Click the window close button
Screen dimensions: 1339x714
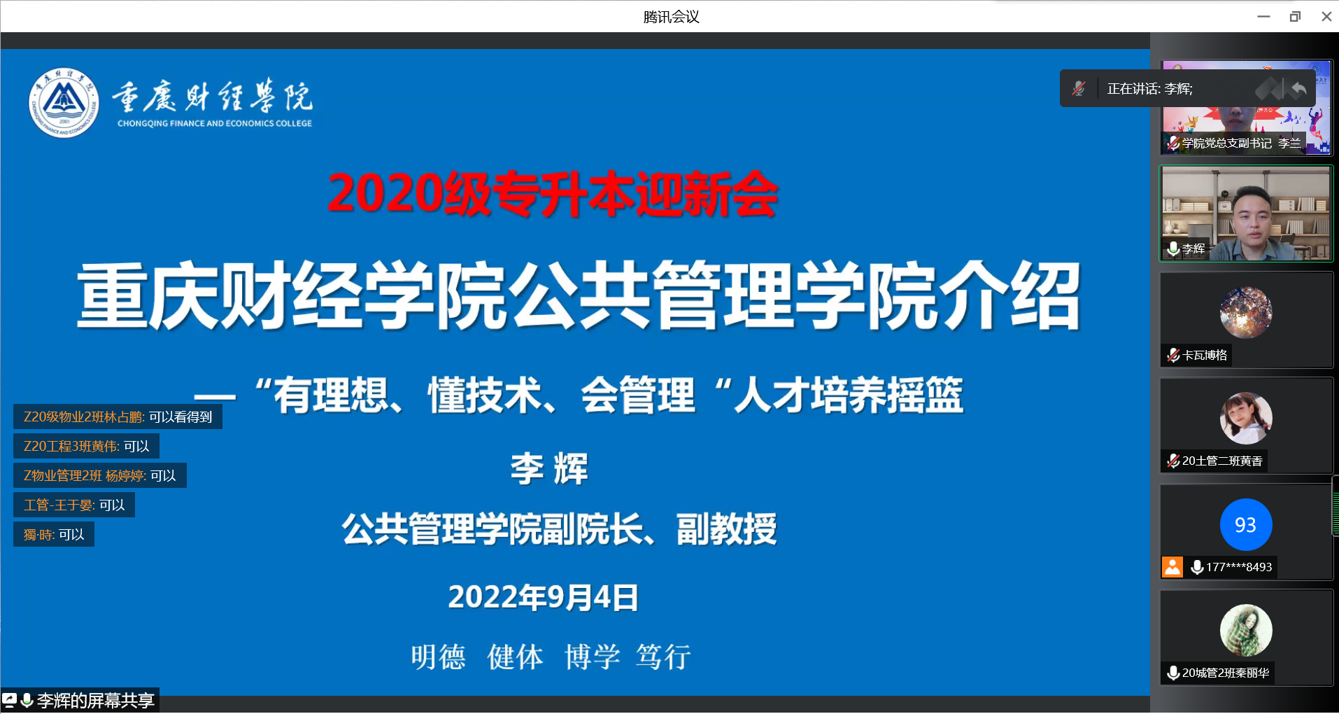[1326, 17]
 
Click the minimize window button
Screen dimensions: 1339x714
[1263, 17]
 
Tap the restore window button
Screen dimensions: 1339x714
[1295, 17]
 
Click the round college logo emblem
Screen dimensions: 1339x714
[64, 103]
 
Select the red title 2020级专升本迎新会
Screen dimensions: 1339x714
[553, 193]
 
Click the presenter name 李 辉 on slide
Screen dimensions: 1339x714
[549, 468]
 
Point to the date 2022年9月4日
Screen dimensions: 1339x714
[543, 597]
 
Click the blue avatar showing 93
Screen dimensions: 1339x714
[1246, 524]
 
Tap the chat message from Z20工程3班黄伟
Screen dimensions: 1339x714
[86, 447]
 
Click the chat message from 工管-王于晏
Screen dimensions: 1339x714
[74, 505]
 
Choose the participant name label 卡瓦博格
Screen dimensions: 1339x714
[1205, 356]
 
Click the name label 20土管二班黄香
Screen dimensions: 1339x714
[1222, 461]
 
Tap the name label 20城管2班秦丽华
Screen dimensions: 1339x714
[1226, 673]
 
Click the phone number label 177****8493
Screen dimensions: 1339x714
[1239, 567]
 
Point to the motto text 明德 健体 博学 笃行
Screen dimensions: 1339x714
[551, 657]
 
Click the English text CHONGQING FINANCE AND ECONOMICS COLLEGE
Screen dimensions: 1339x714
[215, 123]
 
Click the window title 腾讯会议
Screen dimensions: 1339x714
[672, 17]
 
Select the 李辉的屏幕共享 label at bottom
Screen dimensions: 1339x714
[96, 701]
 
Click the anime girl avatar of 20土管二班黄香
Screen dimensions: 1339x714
[1246, 419]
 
